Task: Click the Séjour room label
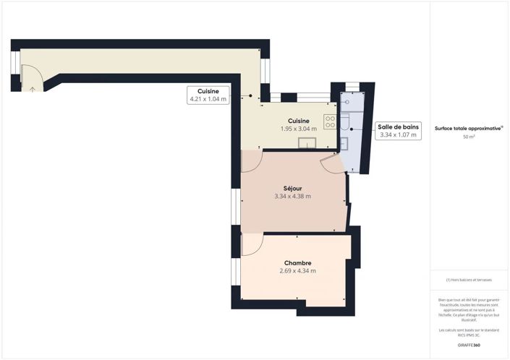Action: point(292,188)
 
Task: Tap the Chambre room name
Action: point(297,263)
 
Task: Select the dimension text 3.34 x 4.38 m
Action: point(292,197)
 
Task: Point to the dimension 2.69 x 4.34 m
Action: point(297,271)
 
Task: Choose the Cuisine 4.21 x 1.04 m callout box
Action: point(208,95)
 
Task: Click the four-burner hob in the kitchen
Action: point(330,122)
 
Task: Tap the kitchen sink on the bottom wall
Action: point(307,142)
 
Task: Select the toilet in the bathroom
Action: point(346,119)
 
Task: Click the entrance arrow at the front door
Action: point(33,89)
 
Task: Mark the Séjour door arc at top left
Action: point(249,160)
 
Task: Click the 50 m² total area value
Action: point(469,137)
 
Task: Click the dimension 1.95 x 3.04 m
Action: point(299,129)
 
